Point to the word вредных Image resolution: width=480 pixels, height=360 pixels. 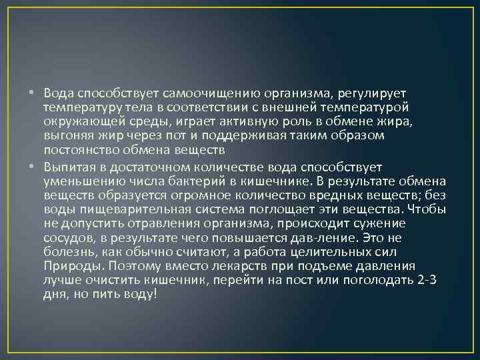(x=326, y=195)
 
